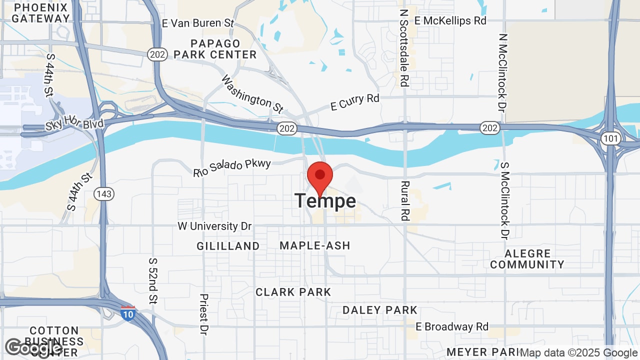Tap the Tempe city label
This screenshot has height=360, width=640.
pyautogui.click(x=325, y=201)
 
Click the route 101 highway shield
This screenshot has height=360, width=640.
pyautogui.click(x=611, y=138)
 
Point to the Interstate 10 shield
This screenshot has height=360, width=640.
pyautogui.click(x=127, y=313)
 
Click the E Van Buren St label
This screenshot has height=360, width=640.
pyautogui.click(x=198, y=23)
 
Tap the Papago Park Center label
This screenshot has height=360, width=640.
pyautogui.click(x=215, y=49)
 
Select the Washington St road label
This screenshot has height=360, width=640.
pyautogui.click(x=252, y=93)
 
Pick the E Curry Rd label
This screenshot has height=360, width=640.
pyautogui.click(x=355, y=102)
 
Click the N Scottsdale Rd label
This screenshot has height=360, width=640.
pyautogui.click(x=404, y=47)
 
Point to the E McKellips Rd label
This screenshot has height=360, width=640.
pyautogui.click(x=450, y=20)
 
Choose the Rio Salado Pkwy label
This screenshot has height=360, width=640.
pyautogui.click(x=232, y=168)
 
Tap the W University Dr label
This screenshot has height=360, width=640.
pyautogui.click(x=214, y=226)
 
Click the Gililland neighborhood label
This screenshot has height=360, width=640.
pyautogui.click(x=228, y=246)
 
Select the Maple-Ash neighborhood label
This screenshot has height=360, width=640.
pyautogui.click(x=315, y=245)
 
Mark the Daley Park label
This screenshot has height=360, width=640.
pyautogui.click(x=380, y=310)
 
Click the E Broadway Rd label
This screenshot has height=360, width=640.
pyautogui.click(x=452, y=326)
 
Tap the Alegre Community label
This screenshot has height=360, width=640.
pyautogui.click(x=527, y=259)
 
